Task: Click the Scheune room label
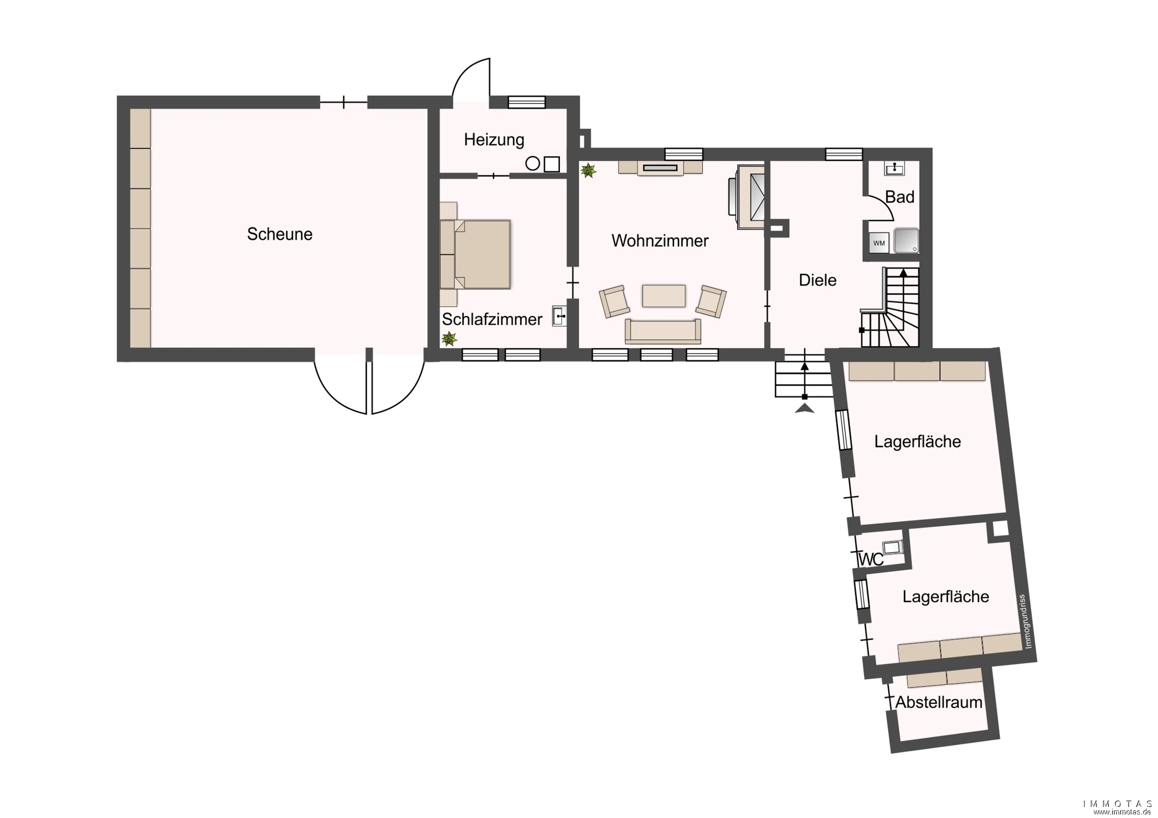point(280,234)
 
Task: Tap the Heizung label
point(494,140)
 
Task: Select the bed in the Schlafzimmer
point(475,254)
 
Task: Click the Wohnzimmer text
point(660,241)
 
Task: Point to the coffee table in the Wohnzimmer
point(664,295)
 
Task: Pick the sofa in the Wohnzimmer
point(663,331)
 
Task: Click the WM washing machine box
point(879,243)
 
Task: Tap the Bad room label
point(900,197)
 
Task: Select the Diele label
point(818,280)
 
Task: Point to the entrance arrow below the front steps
point(805,409)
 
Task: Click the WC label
point(871,560)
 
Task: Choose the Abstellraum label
point(939,702)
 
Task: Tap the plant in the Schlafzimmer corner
point(449,339)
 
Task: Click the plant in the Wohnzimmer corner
point(588,170)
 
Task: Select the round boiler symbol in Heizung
point(533,164)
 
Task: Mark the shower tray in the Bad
point(906,241)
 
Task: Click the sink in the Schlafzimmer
point(559,316)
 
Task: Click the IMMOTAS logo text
point(1117,804)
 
